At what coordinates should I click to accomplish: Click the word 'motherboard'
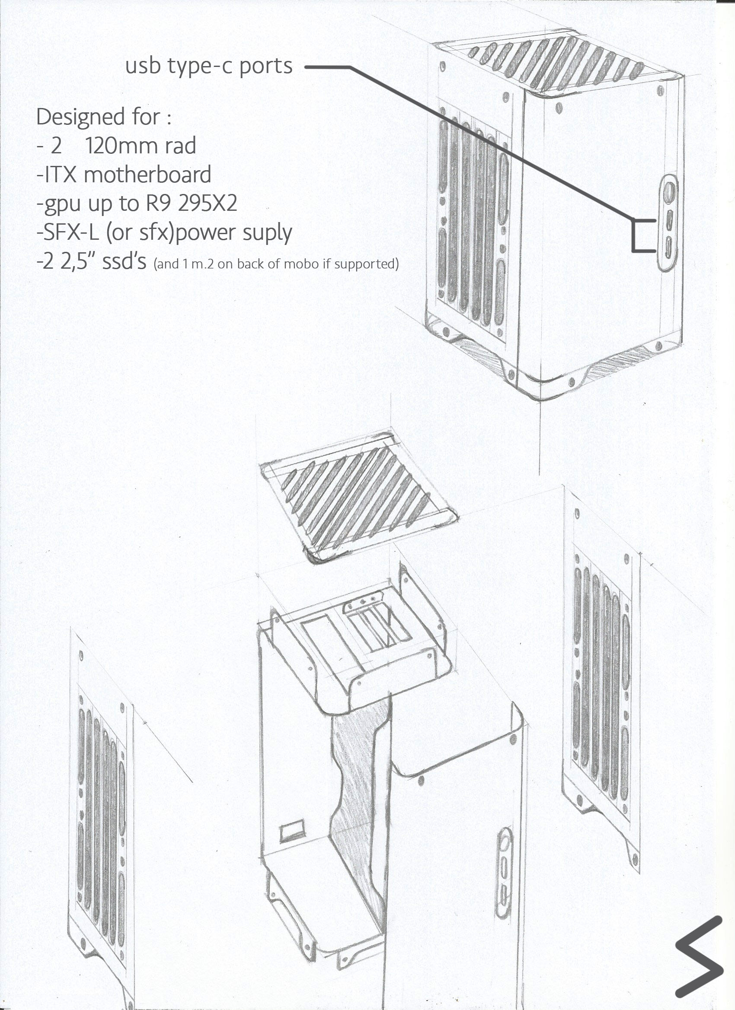147,175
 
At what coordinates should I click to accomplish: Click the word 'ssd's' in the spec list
124,262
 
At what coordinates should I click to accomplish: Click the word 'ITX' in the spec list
60,175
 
